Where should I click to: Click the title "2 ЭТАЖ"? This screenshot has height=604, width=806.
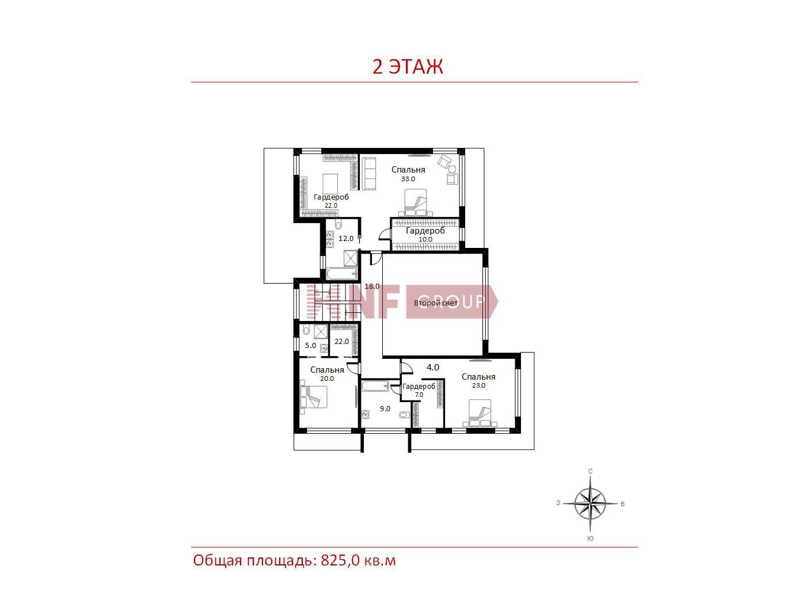click(408, 67)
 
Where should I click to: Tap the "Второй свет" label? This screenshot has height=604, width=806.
click(436, 303)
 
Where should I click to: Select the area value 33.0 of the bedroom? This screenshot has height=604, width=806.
click(408, 179)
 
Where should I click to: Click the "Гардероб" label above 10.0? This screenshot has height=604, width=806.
click(425, 231)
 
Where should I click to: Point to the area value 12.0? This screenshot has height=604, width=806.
click(346, 238)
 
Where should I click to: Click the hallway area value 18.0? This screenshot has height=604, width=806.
click(372, 286)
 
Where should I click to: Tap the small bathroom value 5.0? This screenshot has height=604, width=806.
click(311, 346)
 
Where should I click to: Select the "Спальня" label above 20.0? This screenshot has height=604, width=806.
click(327, 370)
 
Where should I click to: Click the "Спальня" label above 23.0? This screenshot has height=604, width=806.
click(478, 377)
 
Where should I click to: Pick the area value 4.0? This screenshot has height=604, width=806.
click(433, 367)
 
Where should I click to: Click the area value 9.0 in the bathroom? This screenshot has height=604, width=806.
click(385, 408)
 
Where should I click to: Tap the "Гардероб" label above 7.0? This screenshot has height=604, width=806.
click(419, 387)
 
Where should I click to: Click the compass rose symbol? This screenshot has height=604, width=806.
click(590, 504)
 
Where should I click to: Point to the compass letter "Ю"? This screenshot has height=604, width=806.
click(591, 538)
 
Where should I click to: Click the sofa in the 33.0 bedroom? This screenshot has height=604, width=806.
click(369, 174)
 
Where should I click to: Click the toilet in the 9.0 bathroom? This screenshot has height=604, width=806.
click(404, 415)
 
